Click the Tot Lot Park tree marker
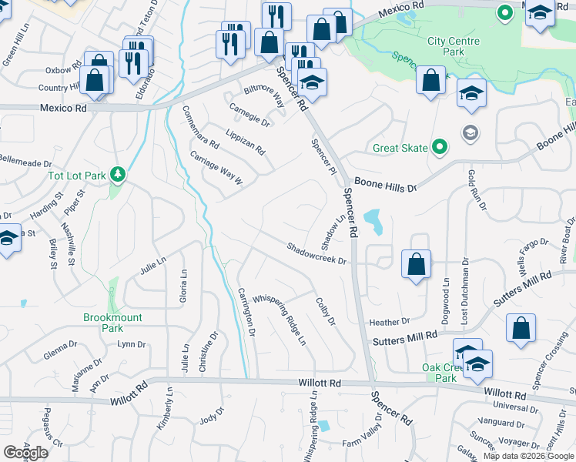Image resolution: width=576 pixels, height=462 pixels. tap(117, 175)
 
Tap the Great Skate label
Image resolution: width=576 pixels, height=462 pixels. tap(400, 148)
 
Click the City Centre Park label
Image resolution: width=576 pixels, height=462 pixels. tap(454, 46)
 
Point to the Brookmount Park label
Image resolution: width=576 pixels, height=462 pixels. tap(113, 323)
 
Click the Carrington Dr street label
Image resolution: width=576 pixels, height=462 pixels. tap(246, 311)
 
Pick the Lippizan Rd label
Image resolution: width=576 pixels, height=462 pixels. tap(246, 139)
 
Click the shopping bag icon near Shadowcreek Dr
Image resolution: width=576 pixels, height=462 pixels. tap(416, 264)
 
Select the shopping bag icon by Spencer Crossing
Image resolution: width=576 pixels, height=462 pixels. tap(521, 327)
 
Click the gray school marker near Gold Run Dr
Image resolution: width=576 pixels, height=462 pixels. tap(470, 132)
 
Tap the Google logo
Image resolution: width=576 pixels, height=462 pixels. tap(25, 453)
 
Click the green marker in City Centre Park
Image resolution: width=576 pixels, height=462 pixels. tap(505, 13)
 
